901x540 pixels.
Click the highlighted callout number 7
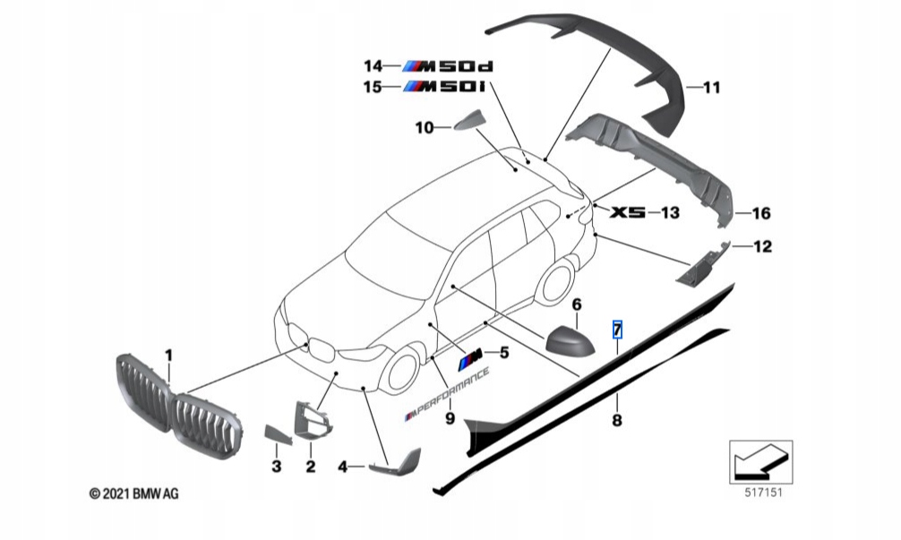pyautogui.click(x=617, y=330)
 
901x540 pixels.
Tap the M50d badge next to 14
pyautogui.click(x=448, y=66)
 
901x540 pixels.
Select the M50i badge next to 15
pyautogui.click(x=443, y=87)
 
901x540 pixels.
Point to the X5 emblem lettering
pyautogui.click(x=628, y=212)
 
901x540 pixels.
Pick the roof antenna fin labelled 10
pyautogui.click(x=470, y=121)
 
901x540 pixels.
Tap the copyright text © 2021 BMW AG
pyautogui.click(x=133, y=493)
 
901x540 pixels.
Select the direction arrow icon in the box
pyautogui.click(x=760, y=462)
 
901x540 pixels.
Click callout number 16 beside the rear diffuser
pyautogui.click(x=761, y=214)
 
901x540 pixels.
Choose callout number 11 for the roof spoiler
pyautogui.click(x=712, y=88)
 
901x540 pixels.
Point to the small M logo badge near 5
pyautogui.click(x=471, y=361)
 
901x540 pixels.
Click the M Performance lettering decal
pyautogui.click(x=447, y=394)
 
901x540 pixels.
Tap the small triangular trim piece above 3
pyautogui.click(x=278, y=433)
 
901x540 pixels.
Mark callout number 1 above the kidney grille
pyautogui.click(x=168, y=356)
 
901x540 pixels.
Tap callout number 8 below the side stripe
pyautogui.click(x=616, y=421)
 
